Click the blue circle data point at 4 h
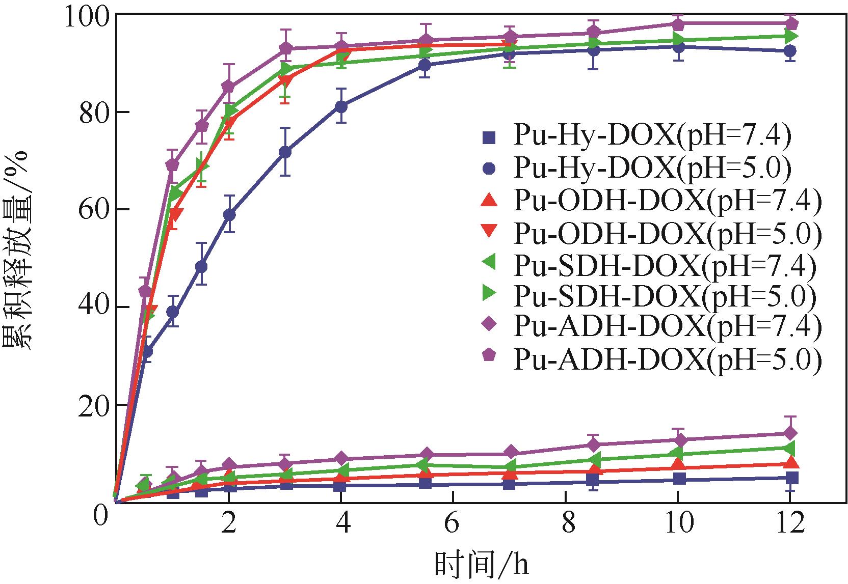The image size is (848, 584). (x=341, y=106)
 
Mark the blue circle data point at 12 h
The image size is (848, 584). (x=790, y=51)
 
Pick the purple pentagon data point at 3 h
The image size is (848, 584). (x=286, y=48)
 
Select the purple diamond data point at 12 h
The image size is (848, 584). (x=790, y=433)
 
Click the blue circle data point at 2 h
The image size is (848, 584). (x=229, y=214)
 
